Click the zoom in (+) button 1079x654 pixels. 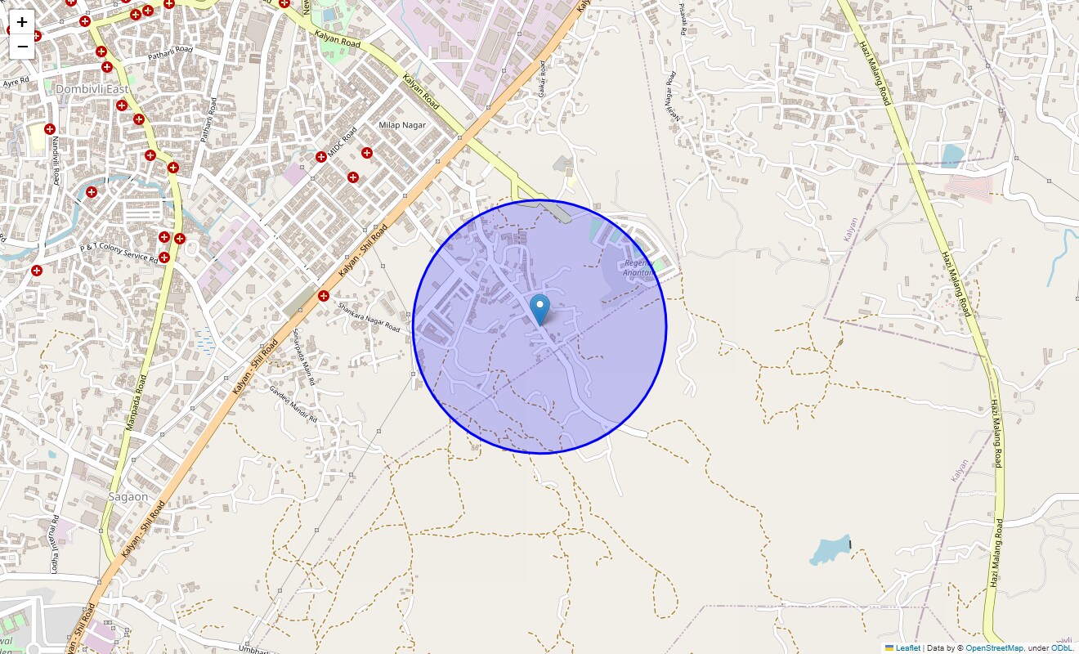(x=22, y=22)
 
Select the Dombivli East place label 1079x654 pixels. (x=92, y=89)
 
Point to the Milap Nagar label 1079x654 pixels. (x=402, y=124)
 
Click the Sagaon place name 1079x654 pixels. (x=128, y=496)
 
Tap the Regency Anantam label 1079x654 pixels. (x=639, y=268)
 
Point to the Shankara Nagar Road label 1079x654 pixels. (x=369, y=317)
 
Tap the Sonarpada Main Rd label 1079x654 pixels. (x=302, y=357)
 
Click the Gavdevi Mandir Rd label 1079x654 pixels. (x=293, y=403)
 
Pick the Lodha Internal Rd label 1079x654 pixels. (x=55, y=544)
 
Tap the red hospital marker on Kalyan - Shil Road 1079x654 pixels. (x=324, y=296)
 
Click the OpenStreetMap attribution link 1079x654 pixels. (x=993, y=647)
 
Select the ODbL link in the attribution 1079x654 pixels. (x=1061, y=647)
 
